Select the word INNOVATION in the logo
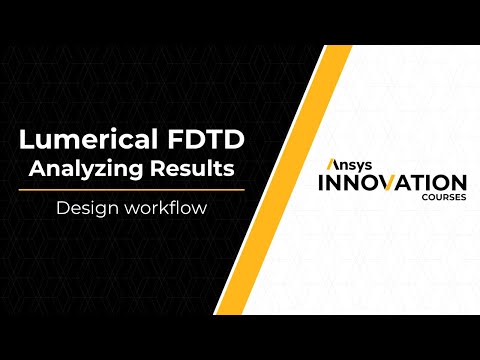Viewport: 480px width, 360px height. click(x=392, y=183)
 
